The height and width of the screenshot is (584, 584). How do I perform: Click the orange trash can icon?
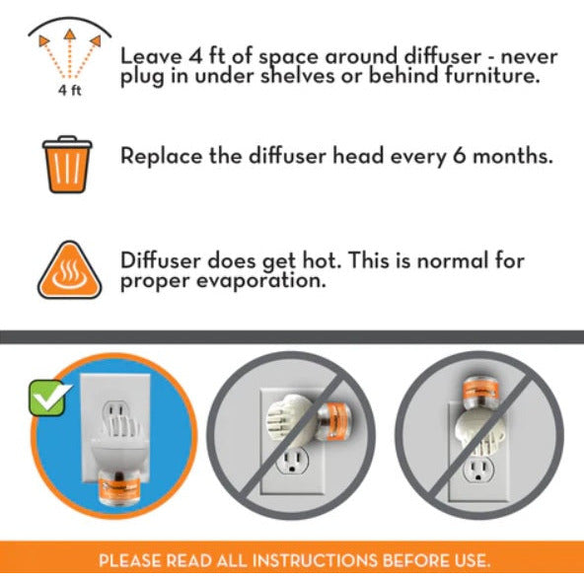click(x=67, y=165)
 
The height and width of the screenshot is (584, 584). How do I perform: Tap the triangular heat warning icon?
click(x=70, y=271)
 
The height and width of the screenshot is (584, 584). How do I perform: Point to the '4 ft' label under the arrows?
click(x=70, y=91)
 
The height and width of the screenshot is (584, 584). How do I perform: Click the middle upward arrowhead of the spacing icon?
click(x=70, y=35)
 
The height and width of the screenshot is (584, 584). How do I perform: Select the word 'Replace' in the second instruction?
click(x=162, y=156)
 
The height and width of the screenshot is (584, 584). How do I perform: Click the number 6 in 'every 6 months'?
click(x=460, y=156)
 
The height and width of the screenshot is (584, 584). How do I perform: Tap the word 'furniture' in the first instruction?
click(x=491, y=75)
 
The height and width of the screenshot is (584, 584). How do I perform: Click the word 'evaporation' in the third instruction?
click(x=260, y=281)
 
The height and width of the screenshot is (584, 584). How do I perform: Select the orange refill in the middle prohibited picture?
click(x=334, y=421)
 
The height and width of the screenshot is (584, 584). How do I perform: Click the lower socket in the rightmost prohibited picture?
click(x=478, y=470)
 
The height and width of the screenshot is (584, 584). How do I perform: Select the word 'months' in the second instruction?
click(x=513, y=156)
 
